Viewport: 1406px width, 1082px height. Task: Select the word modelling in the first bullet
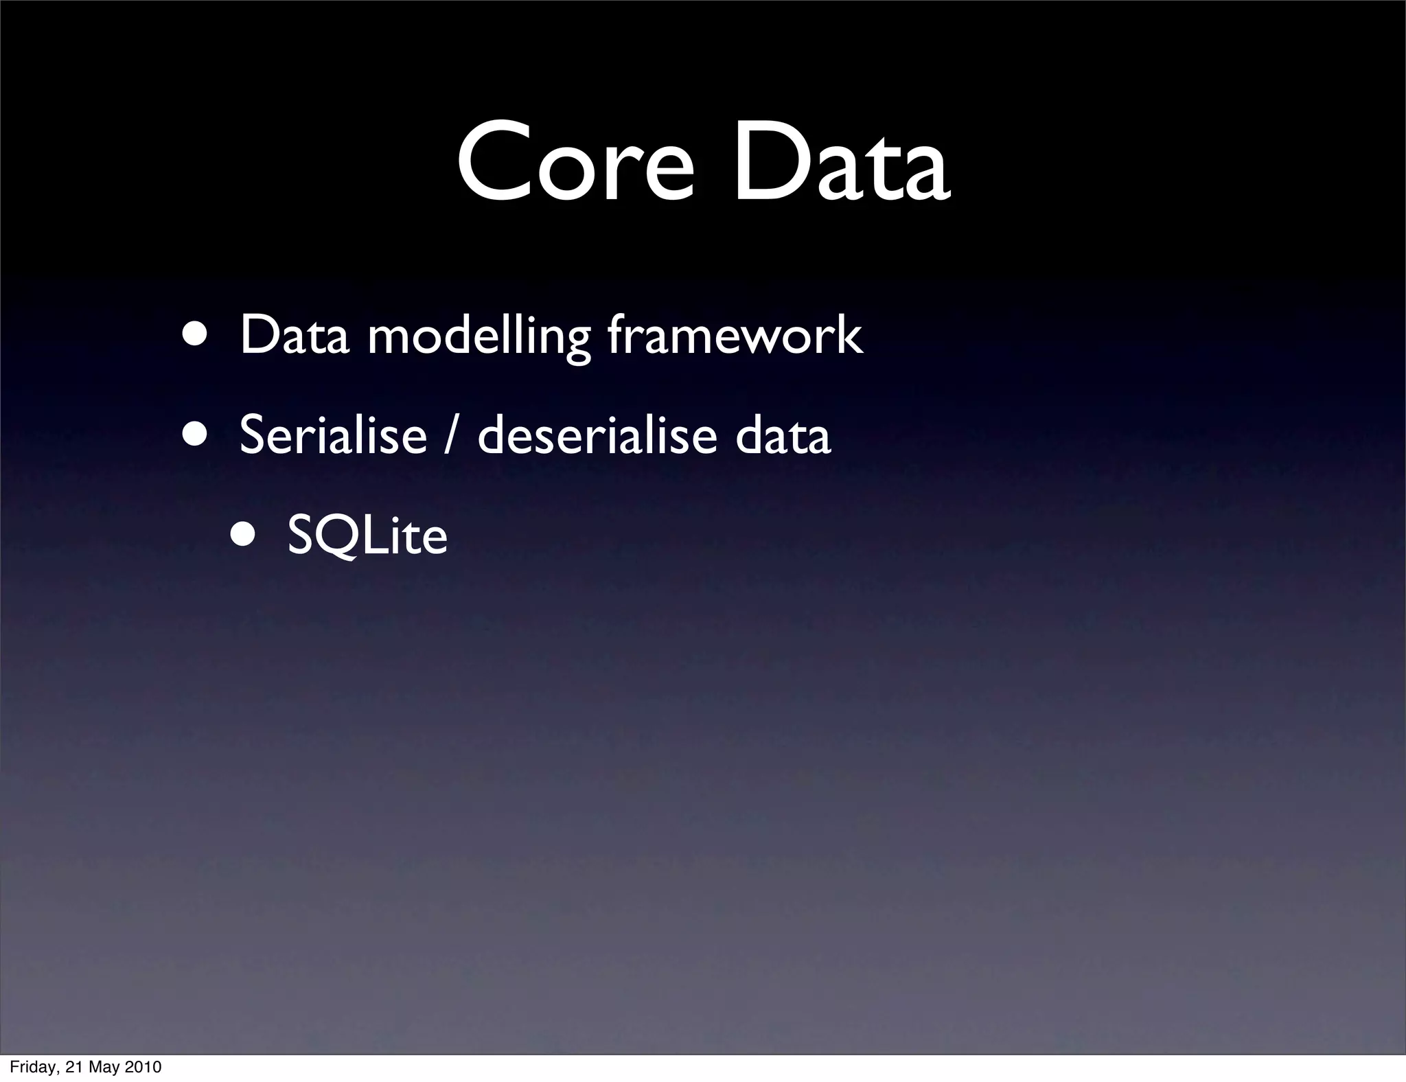pyautogui.click(x=479, y=336)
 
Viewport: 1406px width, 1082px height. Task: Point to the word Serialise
pyautogui.click(x=333, y=435)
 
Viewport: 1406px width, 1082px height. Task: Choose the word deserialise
pyautogui.click(x=597, y=435)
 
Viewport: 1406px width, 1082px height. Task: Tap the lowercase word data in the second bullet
pyautogui.click(x=783, y=435)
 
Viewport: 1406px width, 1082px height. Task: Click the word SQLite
pyautogui.click(x=367, y=536)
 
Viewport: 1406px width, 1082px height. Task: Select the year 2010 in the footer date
pyautogui.click(x=145, y=1067)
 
